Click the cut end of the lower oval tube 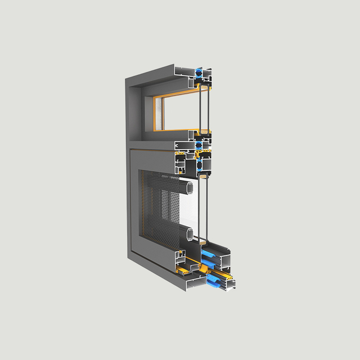191,232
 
